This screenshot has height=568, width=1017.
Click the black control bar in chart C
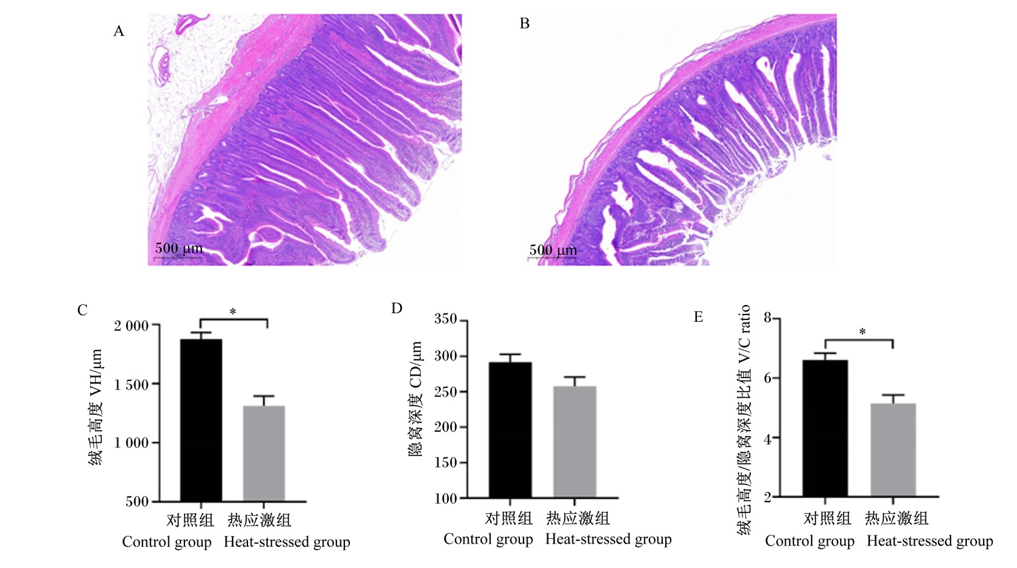(201, 420)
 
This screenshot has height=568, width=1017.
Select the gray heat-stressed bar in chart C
(264, 453)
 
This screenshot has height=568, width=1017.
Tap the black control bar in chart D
(511, 430)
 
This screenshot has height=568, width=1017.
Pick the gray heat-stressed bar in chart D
(575, 442)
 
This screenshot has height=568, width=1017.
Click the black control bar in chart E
(825, 428)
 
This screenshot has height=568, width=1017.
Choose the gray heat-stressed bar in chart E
(893, 450)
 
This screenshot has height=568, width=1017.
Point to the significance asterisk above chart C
(233, 312)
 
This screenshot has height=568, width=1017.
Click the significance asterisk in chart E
(862, 332)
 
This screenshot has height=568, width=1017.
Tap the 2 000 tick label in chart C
(132, 325)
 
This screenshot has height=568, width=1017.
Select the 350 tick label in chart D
(445, 319)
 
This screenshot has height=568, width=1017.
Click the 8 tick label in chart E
(767, 317)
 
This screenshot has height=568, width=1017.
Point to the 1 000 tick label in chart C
(132, 443)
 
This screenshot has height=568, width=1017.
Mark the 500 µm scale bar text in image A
(179, 248)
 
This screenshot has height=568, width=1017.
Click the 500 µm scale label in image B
(553, 249)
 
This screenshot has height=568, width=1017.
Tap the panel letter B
(524, 24)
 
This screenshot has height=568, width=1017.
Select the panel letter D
(397, 308)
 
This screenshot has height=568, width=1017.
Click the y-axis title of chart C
(95, 407)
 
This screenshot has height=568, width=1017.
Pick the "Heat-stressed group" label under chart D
(608, 539)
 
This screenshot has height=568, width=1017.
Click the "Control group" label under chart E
(810, 541)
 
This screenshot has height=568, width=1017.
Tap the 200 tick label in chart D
(445, 427)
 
